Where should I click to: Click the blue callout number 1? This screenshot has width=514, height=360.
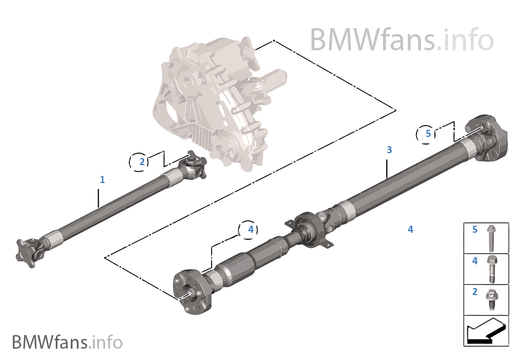[x=102, y=179]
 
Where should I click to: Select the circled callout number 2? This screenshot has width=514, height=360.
[x=142, y=161]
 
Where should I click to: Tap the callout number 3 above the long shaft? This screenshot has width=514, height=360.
[x=389, y=149]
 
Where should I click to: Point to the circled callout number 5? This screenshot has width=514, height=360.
[x=428, y=133]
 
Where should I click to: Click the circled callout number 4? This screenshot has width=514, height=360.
[x=250, y=230]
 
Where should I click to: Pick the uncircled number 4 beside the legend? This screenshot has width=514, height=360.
[x=410, y=230]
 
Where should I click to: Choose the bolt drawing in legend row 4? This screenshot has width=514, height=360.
[x=492, y=269]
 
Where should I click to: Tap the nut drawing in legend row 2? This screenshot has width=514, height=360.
[x=492, y=298]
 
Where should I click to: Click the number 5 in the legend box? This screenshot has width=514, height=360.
[x=475, y=230]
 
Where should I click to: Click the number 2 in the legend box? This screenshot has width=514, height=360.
[x=475, y=292]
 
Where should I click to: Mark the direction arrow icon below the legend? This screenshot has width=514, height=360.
[x=486, y=331]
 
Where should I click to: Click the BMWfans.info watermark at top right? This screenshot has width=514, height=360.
[x=401, y=40]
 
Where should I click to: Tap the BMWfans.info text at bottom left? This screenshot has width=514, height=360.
[x=67, y=343]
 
